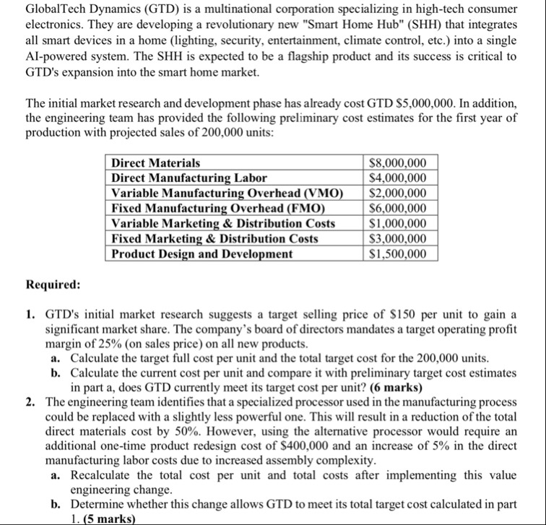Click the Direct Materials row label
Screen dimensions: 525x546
[156, 163]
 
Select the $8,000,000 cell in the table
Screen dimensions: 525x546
[397, 163]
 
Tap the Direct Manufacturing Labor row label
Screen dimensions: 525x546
[189, 178]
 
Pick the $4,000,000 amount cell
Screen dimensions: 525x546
[397, 178]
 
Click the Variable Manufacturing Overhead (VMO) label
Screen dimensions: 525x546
[227, 193]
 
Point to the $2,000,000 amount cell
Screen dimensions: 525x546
[397, 193]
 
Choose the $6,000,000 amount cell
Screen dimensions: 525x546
[397, 208]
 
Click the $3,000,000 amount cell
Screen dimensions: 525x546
[397, 238]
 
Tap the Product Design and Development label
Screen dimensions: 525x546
[201, 253]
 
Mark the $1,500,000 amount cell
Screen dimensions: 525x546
[397, 253]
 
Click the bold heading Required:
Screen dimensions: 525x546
[53, 285]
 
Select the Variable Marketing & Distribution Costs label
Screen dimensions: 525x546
[223, 223]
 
